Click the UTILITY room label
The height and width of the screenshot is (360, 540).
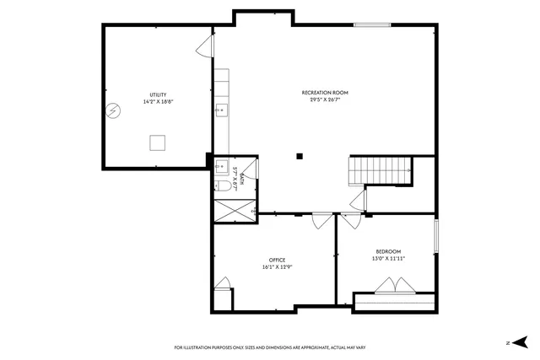pyautogui.click(x=158, y=94)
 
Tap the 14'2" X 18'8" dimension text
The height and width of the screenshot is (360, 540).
pyautogui.click(x=158, y=102)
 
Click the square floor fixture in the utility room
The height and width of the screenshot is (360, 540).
pyautogui.click(x=158, y=142)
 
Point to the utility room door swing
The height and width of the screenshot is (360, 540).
pyautogui.click(x=205, y=47)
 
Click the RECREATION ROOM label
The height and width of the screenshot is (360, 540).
pyautogui.click(x=325, y=92)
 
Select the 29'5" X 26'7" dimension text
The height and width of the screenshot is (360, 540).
pyautogui.click(x=325, y=99)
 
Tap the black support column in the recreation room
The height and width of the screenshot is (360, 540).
pyautogui.click(x=299, y=154)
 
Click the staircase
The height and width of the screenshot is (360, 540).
pyautogui.click(x=381, y=170)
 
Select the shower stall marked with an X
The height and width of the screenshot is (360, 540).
pyautogui.click(x=234, y=210)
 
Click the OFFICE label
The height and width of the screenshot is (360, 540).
pyautogui.click(x=277, y=260)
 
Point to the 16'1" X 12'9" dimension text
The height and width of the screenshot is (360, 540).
pyautogui.click(x=277, y=267)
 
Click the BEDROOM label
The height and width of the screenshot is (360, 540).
pyautogui.click(x=388, y=251)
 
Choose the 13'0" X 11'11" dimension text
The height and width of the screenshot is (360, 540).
pyautogui.click(x=388, y=259)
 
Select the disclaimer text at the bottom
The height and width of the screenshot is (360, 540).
pyautogui.click(x=269, y=347)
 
